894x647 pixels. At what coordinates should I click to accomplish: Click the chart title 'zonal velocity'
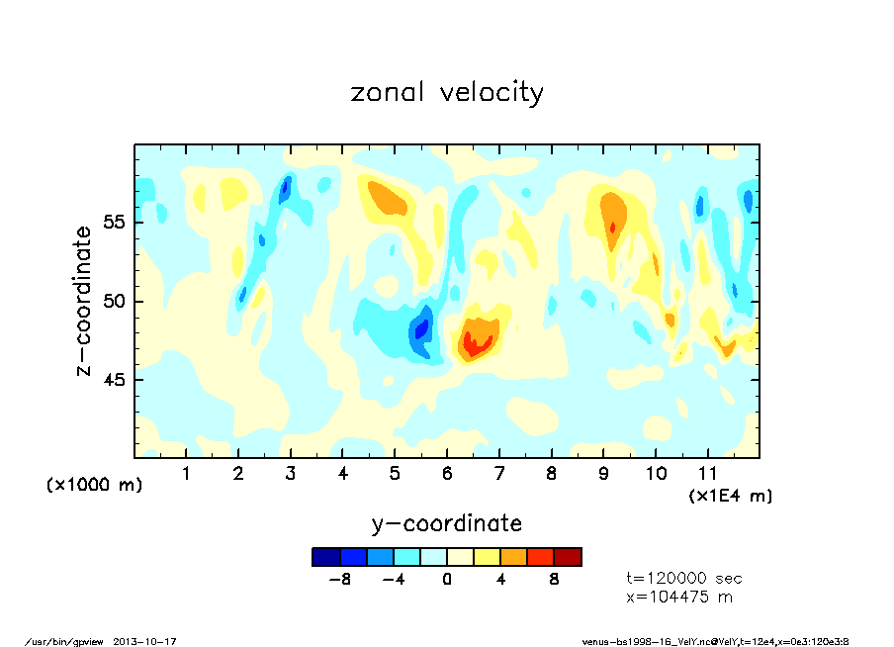pyautogui.click(x=447, y=92)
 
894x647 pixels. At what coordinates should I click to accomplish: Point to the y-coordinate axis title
pyautogui.click(x=446, y=523)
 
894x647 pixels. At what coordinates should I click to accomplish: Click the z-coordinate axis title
pyautogui.click(x=84, y=301)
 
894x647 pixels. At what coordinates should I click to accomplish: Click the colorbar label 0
pyautogui.click(x=447, y=580)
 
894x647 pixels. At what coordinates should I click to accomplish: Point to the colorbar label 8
pyautogui.click(x=554, y=580)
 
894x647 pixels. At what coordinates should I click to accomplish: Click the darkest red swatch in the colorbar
pyautogui.click(x=568, y=557)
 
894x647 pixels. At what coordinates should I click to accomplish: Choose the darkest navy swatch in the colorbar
pyautogui.click(x=325, y=557)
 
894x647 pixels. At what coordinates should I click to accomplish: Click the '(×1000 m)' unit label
pyautogui.click(x=95, y=485)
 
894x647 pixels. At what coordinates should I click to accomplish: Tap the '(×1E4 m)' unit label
pyautogui.click(x=731, y=495)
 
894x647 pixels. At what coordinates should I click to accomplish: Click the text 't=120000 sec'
pyautogui.click(x=684, y=578)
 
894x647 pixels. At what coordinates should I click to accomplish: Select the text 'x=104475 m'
pyautogui.click(x=678, y=597)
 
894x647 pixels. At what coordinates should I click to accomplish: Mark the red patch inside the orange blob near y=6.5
pyautogui.click(x=479, y=344)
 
